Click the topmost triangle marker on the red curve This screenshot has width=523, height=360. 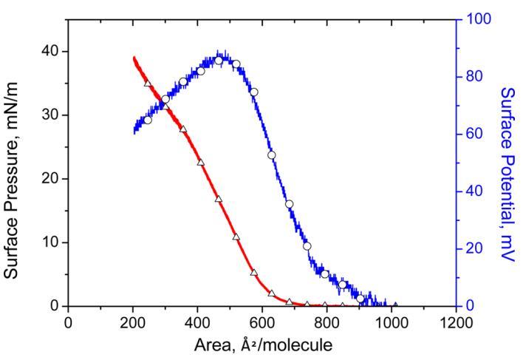pyautogui.click(x=148, y=84)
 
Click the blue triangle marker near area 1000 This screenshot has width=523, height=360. pyautogui.click(x=395, y=305)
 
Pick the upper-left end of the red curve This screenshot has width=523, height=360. pyautogui.click(x=134, y=58)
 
